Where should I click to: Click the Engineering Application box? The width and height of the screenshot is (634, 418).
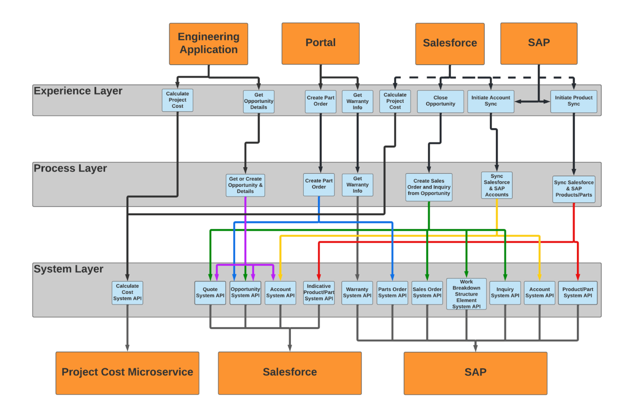208,44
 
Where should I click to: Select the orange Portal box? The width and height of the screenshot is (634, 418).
320,43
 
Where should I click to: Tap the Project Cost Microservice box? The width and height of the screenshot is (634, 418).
127,372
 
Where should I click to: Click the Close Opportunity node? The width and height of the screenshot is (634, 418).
440,101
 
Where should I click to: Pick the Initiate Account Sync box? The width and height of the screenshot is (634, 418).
491,101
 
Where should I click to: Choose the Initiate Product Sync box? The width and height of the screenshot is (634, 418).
573,101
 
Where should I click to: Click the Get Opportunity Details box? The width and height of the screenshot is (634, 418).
258,102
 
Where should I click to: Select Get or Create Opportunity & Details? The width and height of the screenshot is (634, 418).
245,185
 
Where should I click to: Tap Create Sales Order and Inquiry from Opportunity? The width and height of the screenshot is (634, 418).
429,187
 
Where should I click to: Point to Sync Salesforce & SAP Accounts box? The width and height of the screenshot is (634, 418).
497,185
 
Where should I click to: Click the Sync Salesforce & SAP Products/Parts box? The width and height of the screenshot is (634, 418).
573,189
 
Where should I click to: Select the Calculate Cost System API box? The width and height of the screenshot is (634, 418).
127,293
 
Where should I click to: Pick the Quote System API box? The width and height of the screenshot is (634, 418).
210,293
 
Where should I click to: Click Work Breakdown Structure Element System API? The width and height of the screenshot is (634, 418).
466,294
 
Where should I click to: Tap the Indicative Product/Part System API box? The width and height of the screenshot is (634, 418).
319,293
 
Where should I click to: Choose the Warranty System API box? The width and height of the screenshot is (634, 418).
357,293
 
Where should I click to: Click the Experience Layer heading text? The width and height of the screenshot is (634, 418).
78,91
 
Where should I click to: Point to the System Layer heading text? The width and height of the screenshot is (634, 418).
69,269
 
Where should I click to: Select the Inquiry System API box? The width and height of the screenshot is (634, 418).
505,293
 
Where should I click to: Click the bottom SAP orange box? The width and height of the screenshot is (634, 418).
475,373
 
